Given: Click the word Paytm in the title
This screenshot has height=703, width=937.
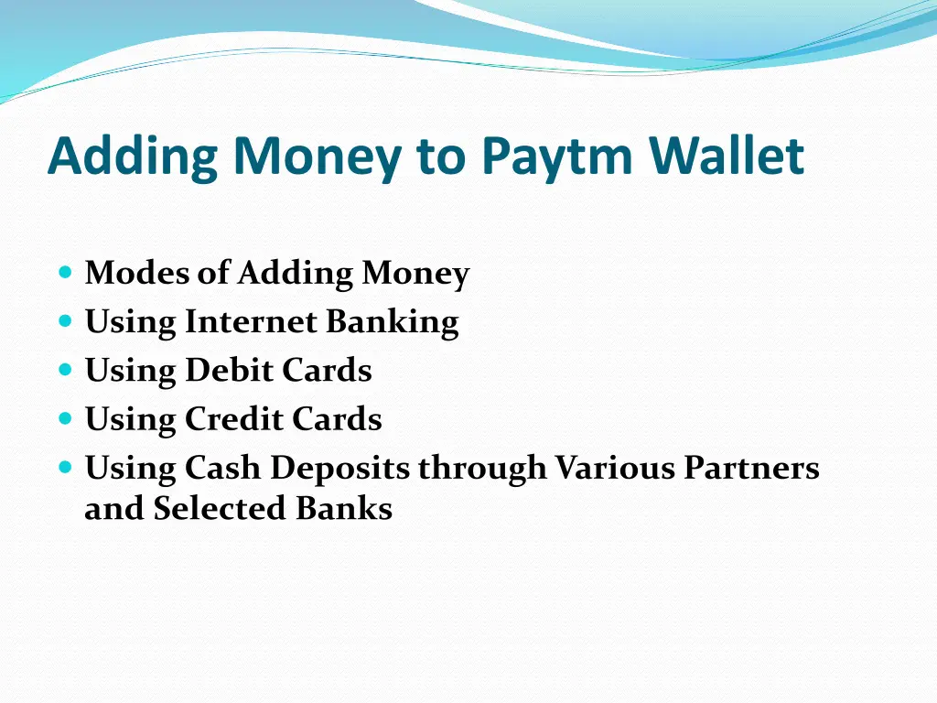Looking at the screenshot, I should (x=557, y=157).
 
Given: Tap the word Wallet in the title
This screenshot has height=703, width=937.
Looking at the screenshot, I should (x=727, y=157).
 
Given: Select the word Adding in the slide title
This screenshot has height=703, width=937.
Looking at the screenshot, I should (x=133, y=157).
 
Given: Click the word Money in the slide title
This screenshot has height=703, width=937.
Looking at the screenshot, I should (x=317, y=157).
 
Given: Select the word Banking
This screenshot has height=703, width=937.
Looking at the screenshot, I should (x=393, y=321).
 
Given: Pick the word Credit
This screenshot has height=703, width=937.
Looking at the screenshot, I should (x=233, y=419).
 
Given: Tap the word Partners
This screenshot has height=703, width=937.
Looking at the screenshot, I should (x=752, y=468).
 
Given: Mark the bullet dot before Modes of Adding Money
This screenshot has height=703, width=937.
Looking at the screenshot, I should (x=64, y=273).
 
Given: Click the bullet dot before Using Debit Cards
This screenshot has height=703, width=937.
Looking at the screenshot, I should (x=64, y=370).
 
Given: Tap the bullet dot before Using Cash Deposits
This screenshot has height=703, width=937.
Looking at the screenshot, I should (x=64, y=467).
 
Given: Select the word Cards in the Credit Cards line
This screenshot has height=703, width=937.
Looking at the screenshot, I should (x=337, y=419).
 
